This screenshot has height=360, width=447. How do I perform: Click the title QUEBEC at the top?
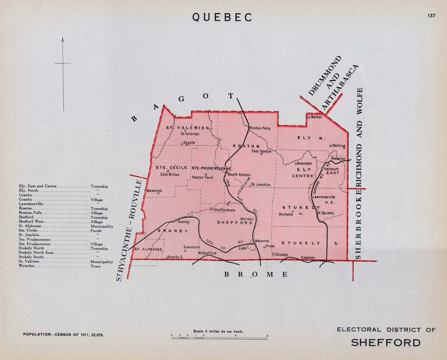222,17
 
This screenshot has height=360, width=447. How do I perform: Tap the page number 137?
431,15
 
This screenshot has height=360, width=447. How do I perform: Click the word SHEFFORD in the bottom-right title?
386,343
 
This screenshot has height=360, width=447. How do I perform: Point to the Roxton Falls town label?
260,128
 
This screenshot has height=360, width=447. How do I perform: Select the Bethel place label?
316,117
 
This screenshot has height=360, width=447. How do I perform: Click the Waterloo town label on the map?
262,240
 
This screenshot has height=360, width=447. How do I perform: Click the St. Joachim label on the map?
260,184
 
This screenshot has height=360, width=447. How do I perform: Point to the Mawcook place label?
154,191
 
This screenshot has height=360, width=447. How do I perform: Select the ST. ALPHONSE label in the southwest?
148,249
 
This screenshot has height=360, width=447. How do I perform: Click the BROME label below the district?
256,274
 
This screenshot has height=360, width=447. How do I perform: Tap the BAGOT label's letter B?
134,118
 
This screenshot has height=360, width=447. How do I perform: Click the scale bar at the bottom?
220,338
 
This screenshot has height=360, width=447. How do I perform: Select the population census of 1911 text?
64,335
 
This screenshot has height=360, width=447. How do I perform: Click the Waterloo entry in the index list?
28,266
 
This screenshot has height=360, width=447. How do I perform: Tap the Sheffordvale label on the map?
224,210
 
